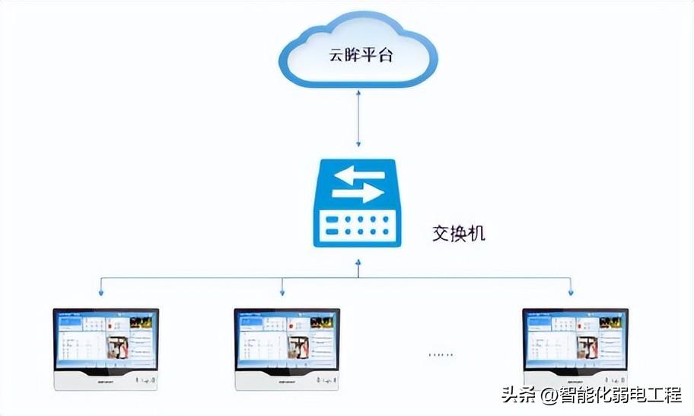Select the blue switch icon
click(358, 204)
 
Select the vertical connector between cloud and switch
click(358, 118)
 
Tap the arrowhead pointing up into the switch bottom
click(358, 263)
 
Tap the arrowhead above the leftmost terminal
click(101, 291)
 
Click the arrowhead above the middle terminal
click(282, 291)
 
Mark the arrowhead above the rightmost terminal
click(571, 291)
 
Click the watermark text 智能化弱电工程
click(619, 396)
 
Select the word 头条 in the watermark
click(518, 396)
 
